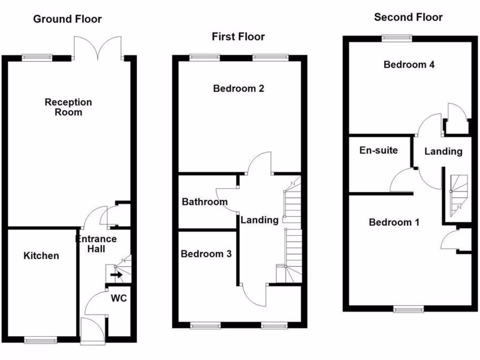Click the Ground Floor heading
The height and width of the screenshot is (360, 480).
67,19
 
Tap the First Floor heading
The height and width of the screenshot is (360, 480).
238,37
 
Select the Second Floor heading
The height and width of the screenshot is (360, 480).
408,17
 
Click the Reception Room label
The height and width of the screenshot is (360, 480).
68,107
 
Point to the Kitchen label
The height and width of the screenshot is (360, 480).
41,255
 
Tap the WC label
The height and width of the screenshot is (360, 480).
119,298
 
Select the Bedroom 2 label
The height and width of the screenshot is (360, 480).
239,88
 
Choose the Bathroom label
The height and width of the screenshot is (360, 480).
205,202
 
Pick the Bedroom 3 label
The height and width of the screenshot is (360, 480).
206,254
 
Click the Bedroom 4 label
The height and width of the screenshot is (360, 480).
409,65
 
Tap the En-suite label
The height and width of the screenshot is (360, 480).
378,150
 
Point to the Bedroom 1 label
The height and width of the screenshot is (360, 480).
394,222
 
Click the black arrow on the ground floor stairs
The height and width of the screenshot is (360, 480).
117,275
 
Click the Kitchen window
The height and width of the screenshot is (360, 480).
40,340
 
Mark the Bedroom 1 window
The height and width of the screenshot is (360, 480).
408,308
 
